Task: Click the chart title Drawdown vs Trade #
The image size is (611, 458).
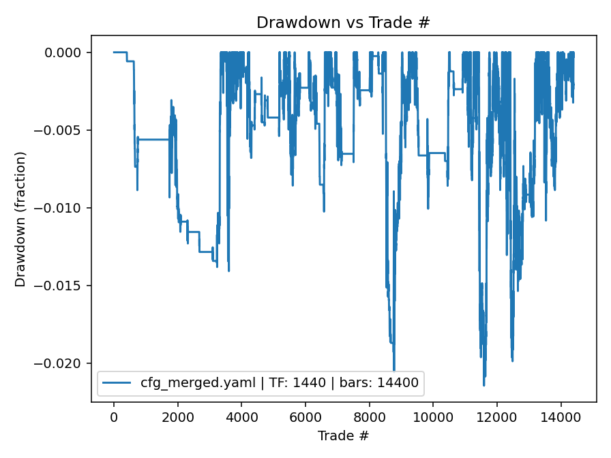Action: [x=343, y=22]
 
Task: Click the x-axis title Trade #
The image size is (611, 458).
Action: [x=343, y=435]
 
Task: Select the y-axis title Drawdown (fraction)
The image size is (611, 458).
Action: [x=20, y=219]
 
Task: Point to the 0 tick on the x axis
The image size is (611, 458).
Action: [x=114, y=417]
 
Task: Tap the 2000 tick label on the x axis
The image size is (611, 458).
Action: [x=177, y=417]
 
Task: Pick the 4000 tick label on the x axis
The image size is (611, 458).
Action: [x=241, y=417]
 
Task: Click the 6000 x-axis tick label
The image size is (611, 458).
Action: [x=305, y=417]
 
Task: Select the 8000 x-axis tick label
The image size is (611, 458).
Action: [x=369, y=417]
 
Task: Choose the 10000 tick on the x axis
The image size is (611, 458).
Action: [x=433, y=417]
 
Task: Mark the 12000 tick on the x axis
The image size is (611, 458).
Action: [x=497, y=417]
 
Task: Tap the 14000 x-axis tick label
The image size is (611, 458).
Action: [x=561, y=417]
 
